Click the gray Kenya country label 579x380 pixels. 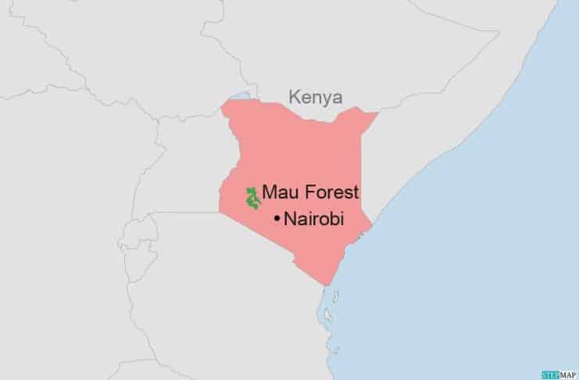point(316,98)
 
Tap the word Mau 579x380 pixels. point(278,192)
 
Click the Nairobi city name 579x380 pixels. point(314,220)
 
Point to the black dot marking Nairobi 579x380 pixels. point(277,220)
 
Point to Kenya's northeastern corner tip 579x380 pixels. point(378,113)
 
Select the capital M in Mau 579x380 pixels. point(269,192)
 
